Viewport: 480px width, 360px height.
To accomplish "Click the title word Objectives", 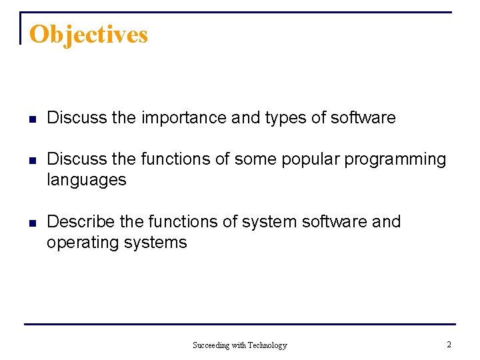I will click(x=89, y=34).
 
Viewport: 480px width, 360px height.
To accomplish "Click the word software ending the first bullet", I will click(x=363, y=118).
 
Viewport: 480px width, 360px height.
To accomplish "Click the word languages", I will click(x=86, y=180).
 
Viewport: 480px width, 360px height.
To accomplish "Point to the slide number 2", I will click(x=449, y=345).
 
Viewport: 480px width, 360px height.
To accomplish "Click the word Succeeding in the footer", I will click(x=210, y=345).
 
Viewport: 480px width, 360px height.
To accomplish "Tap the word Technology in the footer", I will click(x=267, y=345).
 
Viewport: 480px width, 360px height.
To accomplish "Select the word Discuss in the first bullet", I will click(x=77, y=118).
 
